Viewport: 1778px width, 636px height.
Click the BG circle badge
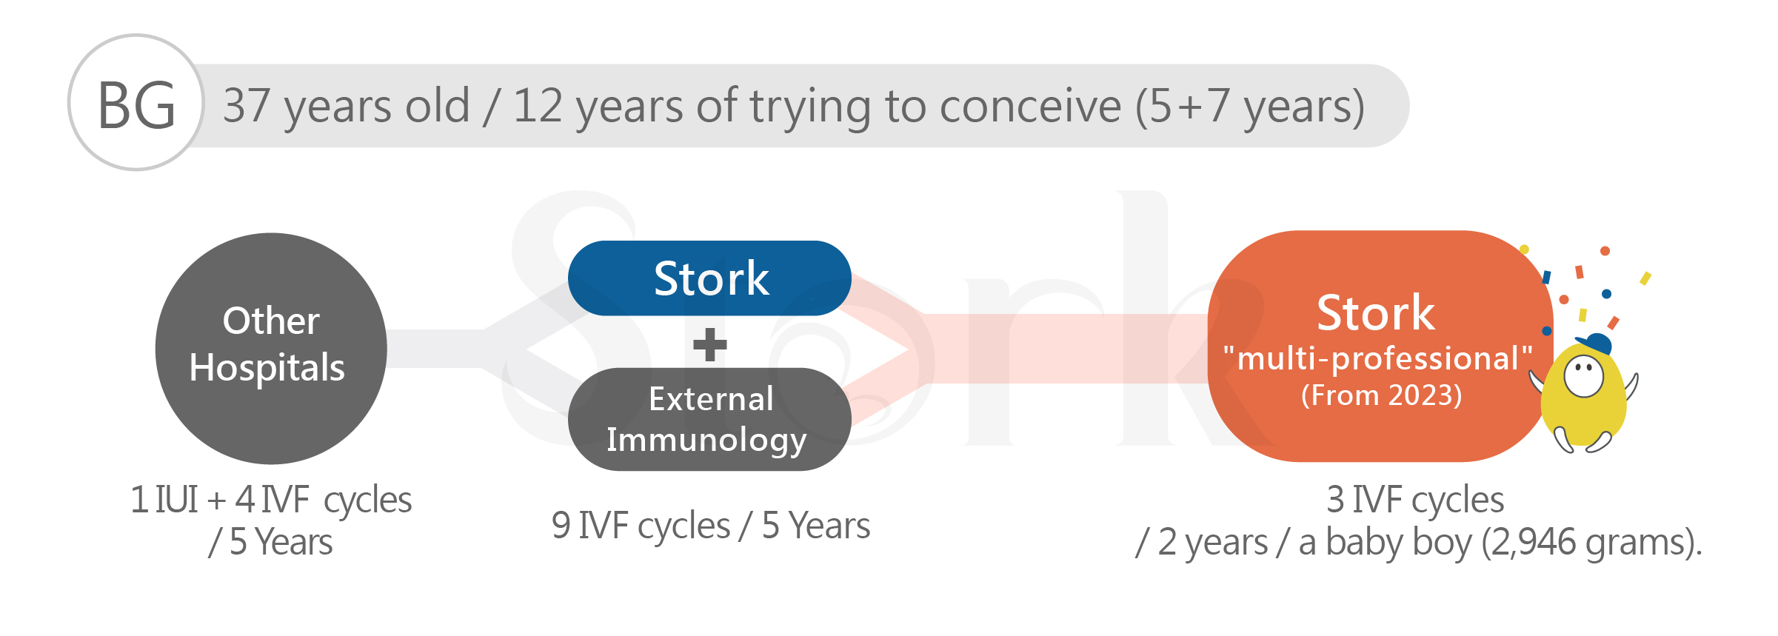click(x=136, y=103)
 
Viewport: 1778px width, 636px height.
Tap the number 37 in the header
click(x=247, y=105)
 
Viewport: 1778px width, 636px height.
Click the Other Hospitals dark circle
click(x=271, y=349)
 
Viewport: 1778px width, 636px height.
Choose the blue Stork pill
click(x=709, y=278)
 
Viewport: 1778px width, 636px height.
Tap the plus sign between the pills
click(x=710, y=344)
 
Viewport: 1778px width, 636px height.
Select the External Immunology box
click(x=709, y=419)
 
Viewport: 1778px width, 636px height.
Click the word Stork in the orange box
click(x=1376, y=312)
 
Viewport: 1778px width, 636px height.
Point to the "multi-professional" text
click(x=1377, y=358)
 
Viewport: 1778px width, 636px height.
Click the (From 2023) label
click(x=1382, y=395)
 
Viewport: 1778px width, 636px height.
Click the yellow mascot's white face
click(x=1584, y=376)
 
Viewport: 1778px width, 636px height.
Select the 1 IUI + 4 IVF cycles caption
click(x=271, y=501)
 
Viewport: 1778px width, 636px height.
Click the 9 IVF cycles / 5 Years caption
click(x=711, y=526)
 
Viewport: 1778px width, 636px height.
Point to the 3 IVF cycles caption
click(x=1415, y=500)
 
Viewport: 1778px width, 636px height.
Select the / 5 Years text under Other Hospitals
click(x=271, y=543)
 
